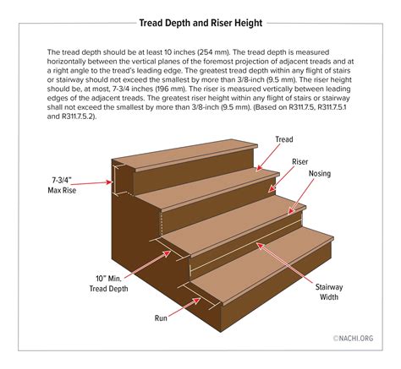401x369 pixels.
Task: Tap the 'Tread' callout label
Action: pos(285,138)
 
